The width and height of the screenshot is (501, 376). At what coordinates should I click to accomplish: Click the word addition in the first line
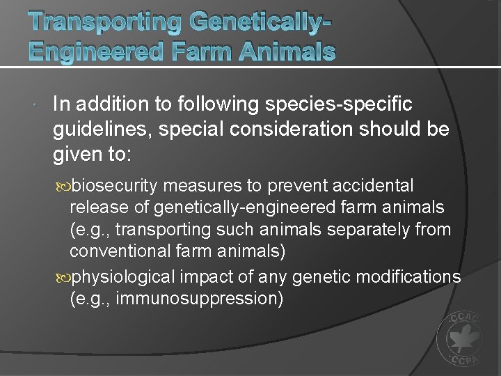[x=102, y=104]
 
